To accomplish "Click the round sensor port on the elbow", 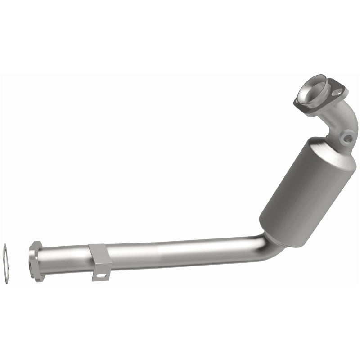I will [346, 138].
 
